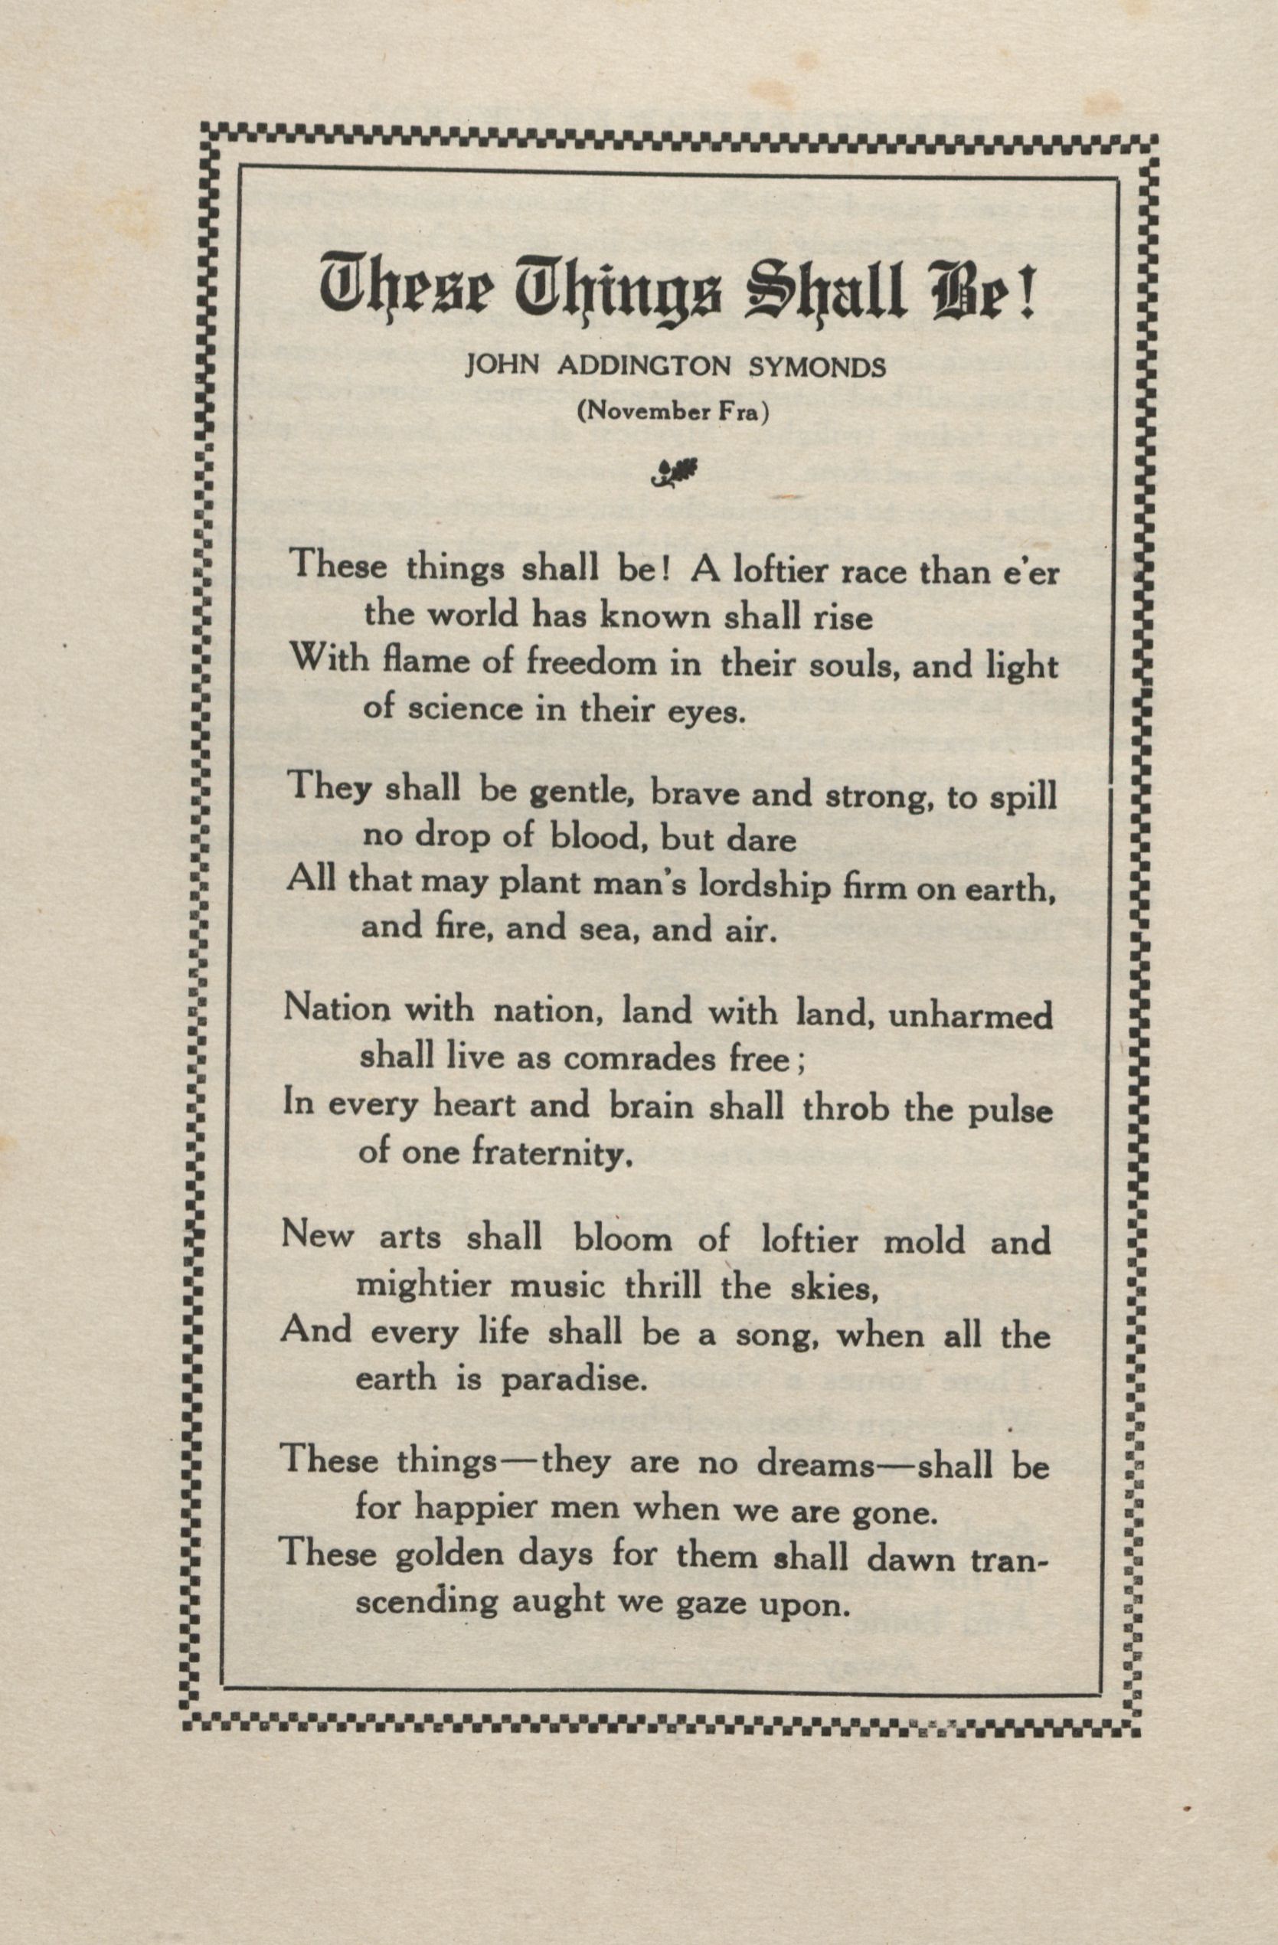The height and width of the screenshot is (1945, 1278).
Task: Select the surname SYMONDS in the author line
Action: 818,367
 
